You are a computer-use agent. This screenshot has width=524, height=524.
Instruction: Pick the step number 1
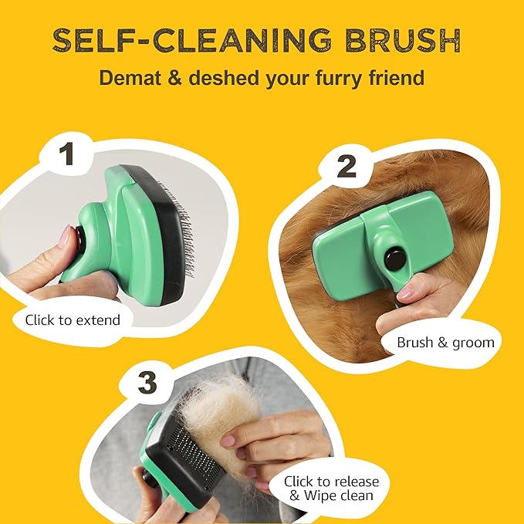tap(68, 153)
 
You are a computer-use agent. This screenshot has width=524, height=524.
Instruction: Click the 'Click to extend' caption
tap(73, 319)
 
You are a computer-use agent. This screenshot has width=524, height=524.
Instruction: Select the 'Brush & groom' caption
tap(445, 342)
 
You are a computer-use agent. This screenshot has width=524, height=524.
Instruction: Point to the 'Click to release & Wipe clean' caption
tap(331, 489)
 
